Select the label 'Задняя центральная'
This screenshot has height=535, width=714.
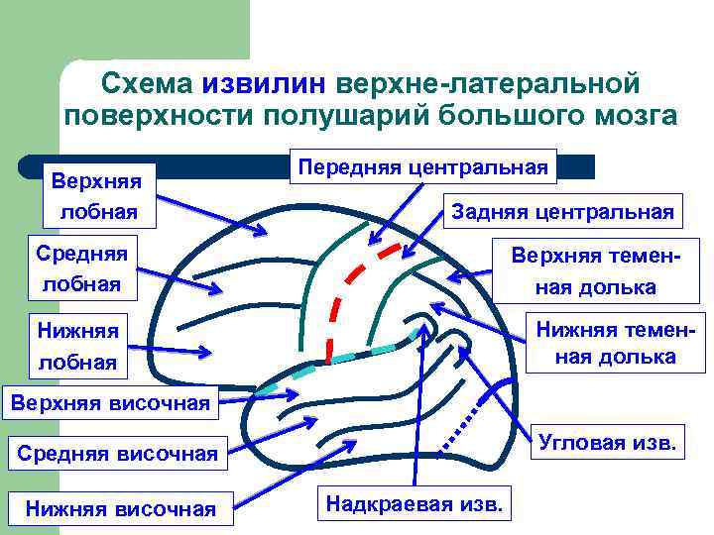click(562, 211)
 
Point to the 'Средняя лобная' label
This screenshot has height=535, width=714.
click(81, 267)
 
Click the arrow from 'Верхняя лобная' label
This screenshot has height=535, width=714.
click(210, 214)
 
